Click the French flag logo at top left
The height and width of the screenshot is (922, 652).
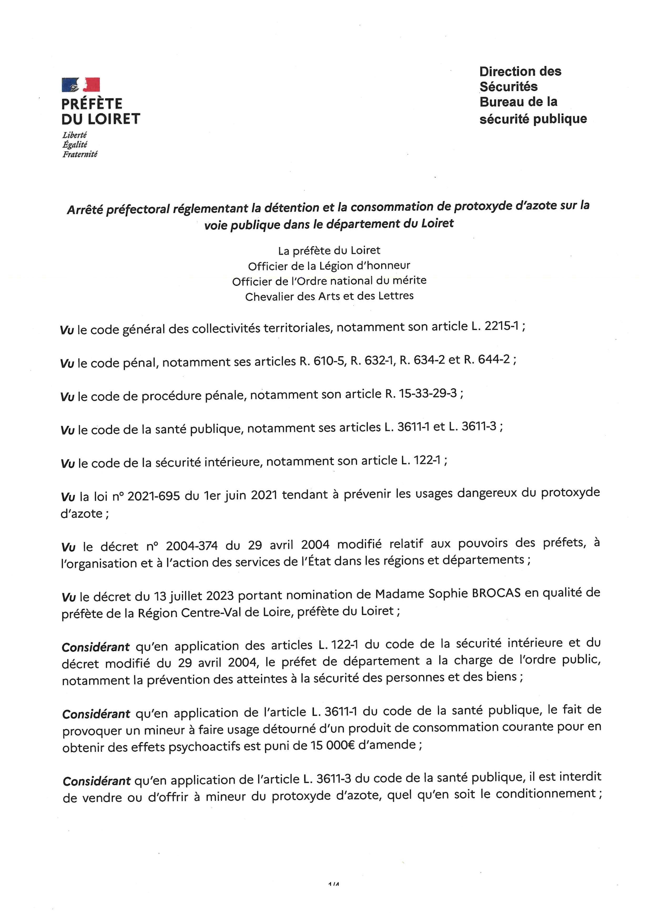point(80,85)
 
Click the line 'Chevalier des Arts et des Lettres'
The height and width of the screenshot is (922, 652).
point(329,296)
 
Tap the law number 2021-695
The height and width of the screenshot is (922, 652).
point(154,496)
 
